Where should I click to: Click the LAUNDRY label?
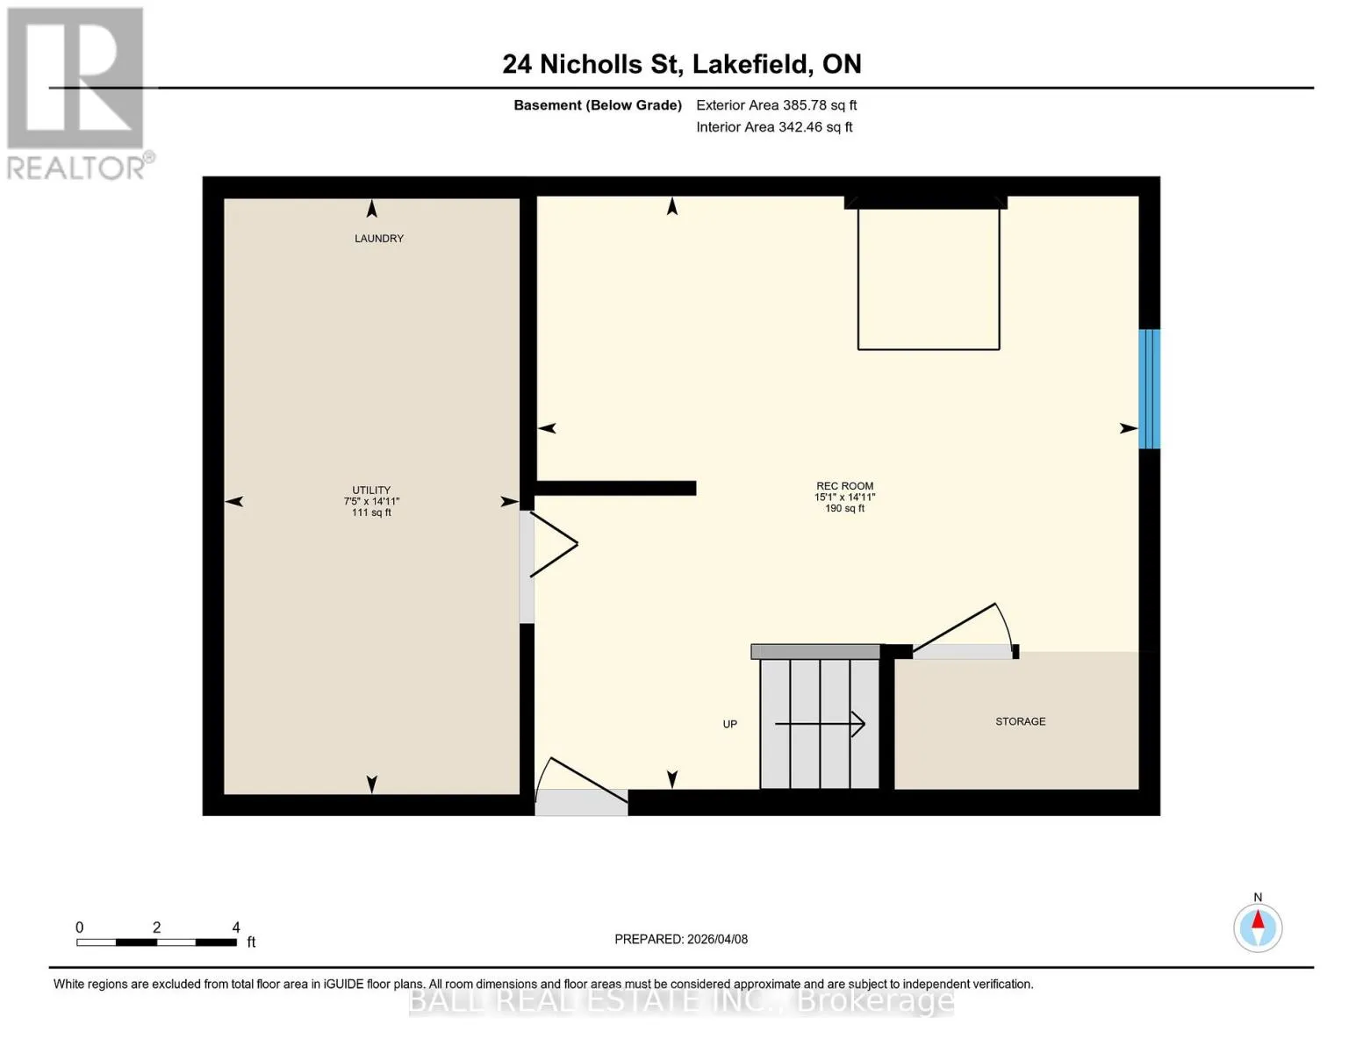click(379, 239)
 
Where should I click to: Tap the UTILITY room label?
click(371, 490)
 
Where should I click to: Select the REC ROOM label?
click(844, 486)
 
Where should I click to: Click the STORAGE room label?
click(1020, 721)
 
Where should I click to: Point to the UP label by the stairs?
click(729, 724)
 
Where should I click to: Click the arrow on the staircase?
click(820, 724)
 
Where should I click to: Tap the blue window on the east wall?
click(1149, 389)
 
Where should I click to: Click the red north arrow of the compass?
click(1257, 920)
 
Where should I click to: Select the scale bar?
click(157, 942)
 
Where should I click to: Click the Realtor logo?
click(76, 94)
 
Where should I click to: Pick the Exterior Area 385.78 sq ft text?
click(776, 105)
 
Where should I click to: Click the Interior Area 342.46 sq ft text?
click(774, 127)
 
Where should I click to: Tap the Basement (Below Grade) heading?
click(597, 105)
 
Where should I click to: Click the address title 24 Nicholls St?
click(592, 64)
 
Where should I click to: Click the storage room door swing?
click(964, 630)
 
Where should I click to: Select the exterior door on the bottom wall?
click(581, 786)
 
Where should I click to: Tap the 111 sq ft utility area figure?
click(371, 512)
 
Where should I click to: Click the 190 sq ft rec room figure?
click(844, 509)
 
